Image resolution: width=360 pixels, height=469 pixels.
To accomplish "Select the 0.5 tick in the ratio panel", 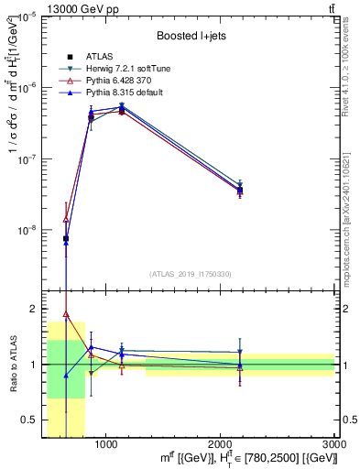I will coord(29,420).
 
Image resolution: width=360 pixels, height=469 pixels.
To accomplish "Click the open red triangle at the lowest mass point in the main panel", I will coord(66,219).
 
